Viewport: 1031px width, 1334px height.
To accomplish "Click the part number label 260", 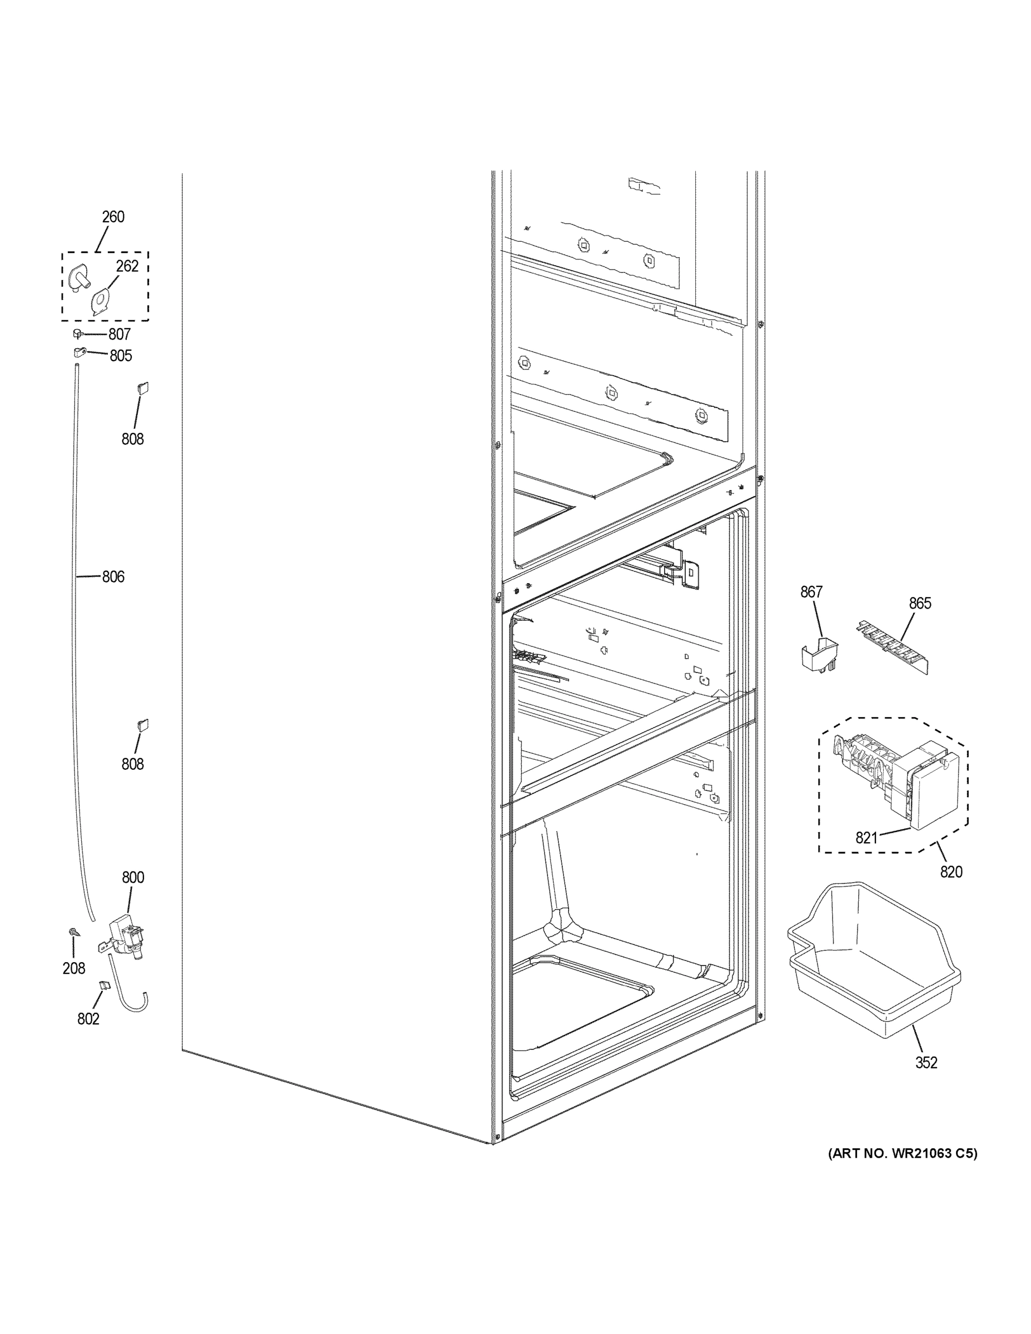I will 113,217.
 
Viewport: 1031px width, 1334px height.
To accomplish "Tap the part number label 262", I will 127,266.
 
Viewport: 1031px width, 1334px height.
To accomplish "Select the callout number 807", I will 119,334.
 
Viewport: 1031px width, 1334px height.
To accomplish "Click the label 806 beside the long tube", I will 113,576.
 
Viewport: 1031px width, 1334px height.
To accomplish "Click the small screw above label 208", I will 73,932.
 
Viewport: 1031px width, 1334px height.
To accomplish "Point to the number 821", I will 866,838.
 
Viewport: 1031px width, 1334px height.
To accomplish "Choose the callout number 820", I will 951,872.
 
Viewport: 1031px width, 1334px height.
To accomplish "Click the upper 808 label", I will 132,439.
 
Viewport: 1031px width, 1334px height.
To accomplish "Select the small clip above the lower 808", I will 143,725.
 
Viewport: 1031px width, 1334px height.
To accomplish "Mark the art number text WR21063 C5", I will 902,1154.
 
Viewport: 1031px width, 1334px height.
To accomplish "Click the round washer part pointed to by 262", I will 99,300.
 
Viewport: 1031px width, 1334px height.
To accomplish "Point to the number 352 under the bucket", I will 926,1063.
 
